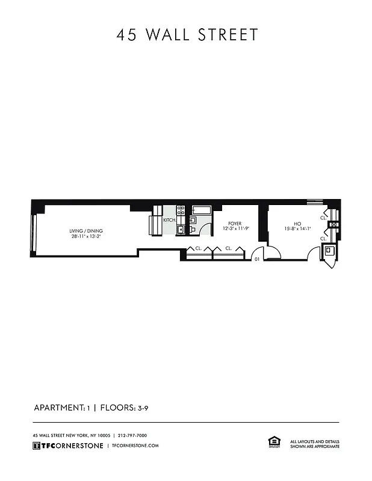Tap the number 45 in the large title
(128, 35)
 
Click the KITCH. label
(169, 220)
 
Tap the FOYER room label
(234, 224)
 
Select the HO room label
(297, 224)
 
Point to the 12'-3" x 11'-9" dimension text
(234, 228)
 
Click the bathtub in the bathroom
(201, 210)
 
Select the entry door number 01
(256, 259)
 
